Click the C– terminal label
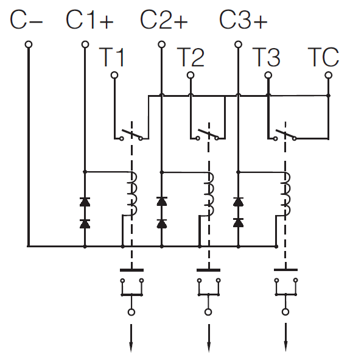pyautogui.click(x=26, y=20)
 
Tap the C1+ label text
pyautogui.click(x=89, y=20)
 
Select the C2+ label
pyautogui.click(x=164, y=20)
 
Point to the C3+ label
pyautogui.click(x=243, y=20)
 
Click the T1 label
pyautogui.click(x=112, y=57)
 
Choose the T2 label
pyautogui.click(x=191, y=57)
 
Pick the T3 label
pyautogui.click(x=266, y=57)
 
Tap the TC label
pyautogui.click(x=323, y=57)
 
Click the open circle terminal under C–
pyautogui.click(x=29, y=44)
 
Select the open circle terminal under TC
pyautogui.click(x=328, y=75)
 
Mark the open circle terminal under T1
pyautogui.click(x=114, y=75)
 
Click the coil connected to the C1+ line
pyautogui.click(x=132, y=194)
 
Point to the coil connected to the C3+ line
pyautogui.click(x=286, y=194)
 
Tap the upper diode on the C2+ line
pyautogui.click(x=162, y=202)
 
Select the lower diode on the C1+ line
pyautogui.click(x=85, y=224)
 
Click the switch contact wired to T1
pyautogui.click(x=131, y=135)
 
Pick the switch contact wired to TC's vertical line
pyautogui.click(x=285, y=135)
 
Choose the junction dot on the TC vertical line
pyautogui.click(x=328, y=96)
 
